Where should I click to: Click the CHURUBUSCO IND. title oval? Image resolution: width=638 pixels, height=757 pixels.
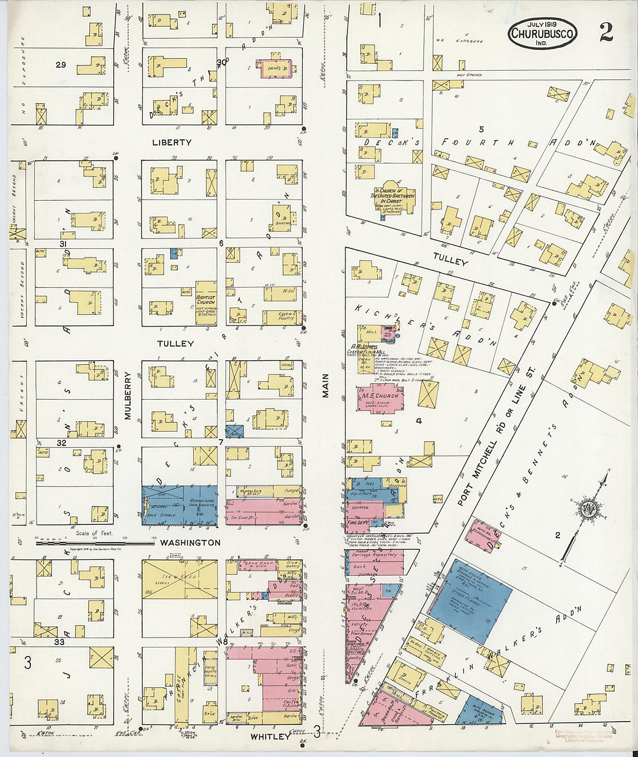(x=543, y=34)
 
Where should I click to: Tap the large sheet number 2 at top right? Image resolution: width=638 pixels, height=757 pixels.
(x=606, y=34)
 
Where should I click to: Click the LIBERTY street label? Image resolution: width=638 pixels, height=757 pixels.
(x=172, y=142)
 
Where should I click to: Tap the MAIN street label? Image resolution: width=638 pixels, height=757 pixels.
(x=325, y=385)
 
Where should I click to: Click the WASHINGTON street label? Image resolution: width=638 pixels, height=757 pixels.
(x=190, y=542)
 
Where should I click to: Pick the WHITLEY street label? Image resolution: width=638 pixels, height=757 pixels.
(x=270, y=736)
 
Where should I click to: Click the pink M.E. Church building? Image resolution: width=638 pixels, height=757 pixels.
(x=380, y=398)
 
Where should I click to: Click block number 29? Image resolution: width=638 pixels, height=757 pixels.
(x=60, y=65)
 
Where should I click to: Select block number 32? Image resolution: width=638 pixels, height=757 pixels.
(x=61, y=443)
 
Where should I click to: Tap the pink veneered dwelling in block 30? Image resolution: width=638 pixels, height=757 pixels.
(x=275, y=67)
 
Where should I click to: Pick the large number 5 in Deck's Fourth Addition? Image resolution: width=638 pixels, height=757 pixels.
(x=481, y=128)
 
